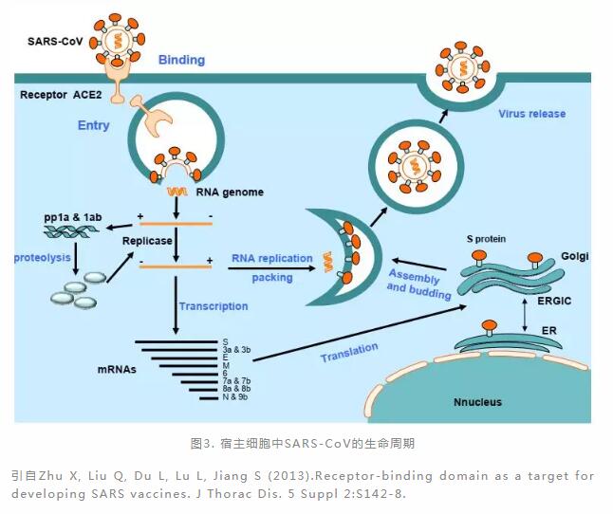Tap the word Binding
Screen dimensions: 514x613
181,60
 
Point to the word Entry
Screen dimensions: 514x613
94,125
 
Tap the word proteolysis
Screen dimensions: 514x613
45,258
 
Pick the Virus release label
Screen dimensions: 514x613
531,114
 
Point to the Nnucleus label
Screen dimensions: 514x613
476,402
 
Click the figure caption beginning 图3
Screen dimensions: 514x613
303,443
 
